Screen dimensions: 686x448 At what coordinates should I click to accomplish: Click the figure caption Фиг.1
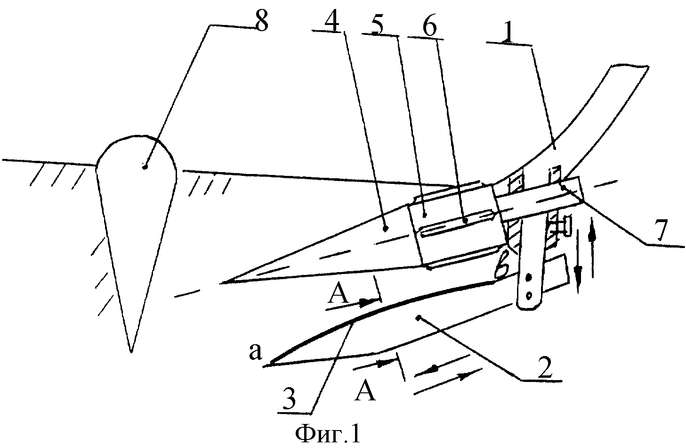coord(328,433)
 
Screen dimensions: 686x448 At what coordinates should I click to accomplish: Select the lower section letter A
coord(365,390)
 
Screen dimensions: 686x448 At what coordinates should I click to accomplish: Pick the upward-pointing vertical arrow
coord(592,247)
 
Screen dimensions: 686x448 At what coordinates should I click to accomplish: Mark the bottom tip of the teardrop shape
coord(131,352)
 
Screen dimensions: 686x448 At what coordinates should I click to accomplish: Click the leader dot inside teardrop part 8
coord(145,166)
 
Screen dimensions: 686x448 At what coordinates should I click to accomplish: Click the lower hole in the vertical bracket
coord(528,295)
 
